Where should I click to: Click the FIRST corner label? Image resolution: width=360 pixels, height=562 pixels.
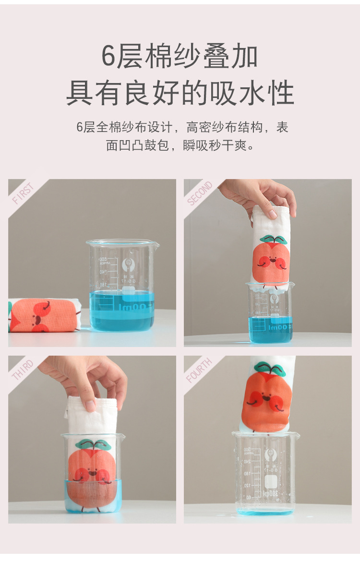click(23, 193)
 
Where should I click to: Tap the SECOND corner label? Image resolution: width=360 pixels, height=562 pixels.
click(199, 193)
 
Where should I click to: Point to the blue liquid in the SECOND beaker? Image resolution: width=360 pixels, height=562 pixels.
click(270, 331)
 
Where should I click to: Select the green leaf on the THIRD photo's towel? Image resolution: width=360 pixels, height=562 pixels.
click(93, 444)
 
